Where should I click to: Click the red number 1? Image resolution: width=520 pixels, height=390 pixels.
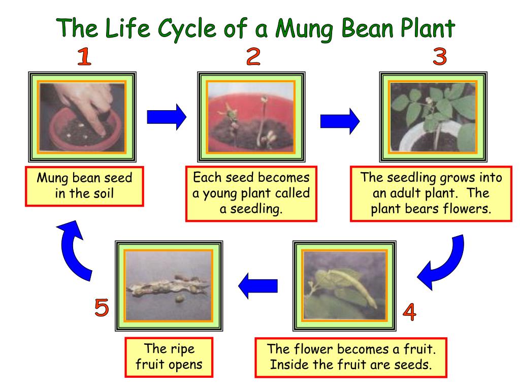(x=84, y=57)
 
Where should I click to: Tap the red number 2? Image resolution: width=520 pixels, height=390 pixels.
(x=253, y=57)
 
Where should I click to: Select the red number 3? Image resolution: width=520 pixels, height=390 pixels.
(x=439, y=56)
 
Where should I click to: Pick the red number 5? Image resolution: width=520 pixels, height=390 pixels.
(x=102, y=308)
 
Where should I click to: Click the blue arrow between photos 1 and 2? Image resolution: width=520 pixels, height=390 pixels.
(x=167, y=118)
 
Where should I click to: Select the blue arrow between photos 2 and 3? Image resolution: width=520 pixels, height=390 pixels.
(x=340, y=121)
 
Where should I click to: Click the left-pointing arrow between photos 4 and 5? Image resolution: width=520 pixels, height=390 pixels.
(x=258, y=286)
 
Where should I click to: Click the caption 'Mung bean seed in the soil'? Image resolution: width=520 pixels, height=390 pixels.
(x=84, y=187)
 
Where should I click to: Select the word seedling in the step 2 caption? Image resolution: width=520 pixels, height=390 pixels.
(x=257, y=209)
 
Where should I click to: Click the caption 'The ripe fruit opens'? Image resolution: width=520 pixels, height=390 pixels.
(x=168, y=357)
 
